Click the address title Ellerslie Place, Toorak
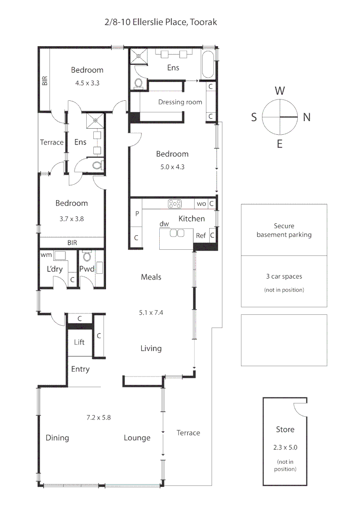[x=161, y=22]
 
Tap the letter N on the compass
[x=307, y=117]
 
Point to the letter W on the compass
[x=280, y=90]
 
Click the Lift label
[x=79, y=342]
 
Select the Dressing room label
[x=180, y=102]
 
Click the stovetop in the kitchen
[x=175, y=204]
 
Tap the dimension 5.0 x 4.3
[x=172, y=166]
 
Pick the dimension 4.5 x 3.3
[x=87, y=82]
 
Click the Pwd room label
[x=87, y=269]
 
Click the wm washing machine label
[x=46, y=255]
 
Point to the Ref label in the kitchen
[x=201, y=235]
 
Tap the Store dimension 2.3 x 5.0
[x=285, y=448]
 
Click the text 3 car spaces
[x=284, y=277]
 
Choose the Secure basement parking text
[x=284, y=230]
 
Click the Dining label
[x=57, y=438]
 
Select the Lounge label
[x=137, y=438]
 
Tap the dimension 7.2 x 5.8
[x=98, y=417]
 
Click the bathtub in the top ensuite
[x=208, y=66]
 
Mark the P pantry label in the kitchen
[x=137, y=213]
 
